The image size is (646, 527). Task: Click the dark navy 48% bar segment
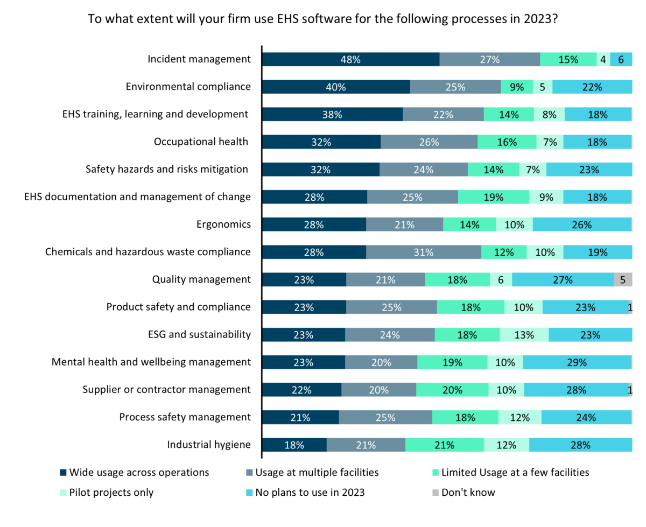click(x=350, y=60)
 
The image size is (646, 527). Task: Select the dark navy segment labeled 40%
click(x=336, y=87)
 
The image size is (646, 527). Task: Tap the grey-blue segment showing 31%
click(x=423, y=252)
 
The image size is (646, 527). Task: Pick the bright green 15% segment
click(x=568, y=60)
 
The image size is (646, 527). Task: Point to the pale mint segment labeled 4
click(x=603, y=60)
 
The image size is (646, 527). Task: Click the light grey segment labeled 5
click(x=623, y=280)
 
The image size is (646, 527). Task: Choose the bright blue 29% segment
click(x=577, y=363)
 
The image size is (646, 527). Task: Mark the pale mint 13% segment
click(x=524, y=335)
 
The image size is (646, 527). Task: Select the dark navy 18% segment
click(x=294, y=445)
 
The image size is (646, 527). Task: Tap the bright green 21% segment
click(x=444, y=445)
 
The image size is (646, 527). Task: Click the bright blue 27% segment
click(x=563, y=280)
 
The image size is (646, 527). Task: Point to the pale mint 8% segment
click(x=549, y=115)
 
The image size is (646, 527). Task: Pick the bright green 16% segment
click(x=507, y=143)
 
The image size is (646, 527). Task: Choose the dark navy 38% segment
click(x=332, y=115)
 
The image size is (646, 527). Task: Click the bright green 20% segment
click(x=452, y=390)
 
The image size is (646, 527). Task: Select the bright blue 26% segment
click(x=581, y=225)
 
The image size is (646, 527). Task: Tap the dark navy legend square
click(x=64, y=473)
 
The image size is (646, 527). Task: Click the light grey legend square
click(x=436, y=493)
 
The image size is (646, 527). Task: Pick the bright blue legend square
click(x=249, y=493)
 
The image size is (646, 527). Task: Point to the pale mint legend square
click(x=64, y=493)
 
